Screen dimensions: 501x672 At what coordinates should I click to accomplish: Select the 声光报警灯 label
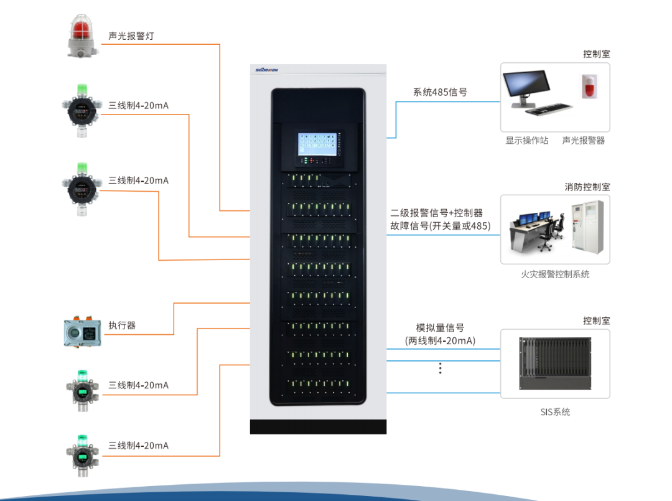point(131,36)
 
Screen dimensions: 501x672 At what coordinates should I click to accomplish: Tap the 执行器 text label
point(122,325)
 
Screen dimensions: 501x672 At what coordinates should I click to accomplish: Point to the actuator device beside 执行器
point(82,332)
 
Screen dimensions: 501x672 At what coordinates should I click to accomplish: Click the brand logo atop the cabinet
point(266,70)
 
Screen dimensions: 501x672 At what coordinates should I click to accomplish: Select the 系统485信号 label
point(440,92)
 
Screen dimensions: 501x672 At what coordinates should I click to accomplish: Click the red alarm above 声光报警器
point(587,87)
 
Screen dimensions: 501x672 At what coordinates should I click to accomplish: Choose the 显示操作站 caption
point(526,141)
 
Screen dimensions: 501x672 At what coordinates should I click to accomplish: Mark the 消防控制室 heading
point(587,187)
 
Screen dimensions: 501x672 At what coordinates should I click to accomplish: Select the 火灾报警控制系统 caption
point(555,274)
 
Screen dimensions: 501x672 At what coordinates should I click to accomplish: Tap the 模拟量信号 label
point(440,328)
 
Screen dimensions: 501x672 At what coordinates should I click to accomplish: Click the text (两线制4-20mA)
point(440,341)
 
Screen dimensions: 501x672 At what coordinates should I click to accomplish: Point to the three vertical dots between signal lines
point(440,368)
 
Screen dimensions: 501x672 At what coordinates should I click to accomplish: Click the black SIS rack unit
point(555,363)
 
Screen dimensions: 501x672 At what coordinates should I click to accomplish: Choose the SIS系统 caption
point(555,411)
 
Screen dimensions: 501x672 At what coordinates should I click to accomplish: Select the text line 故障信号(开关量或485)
point(440,226)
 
